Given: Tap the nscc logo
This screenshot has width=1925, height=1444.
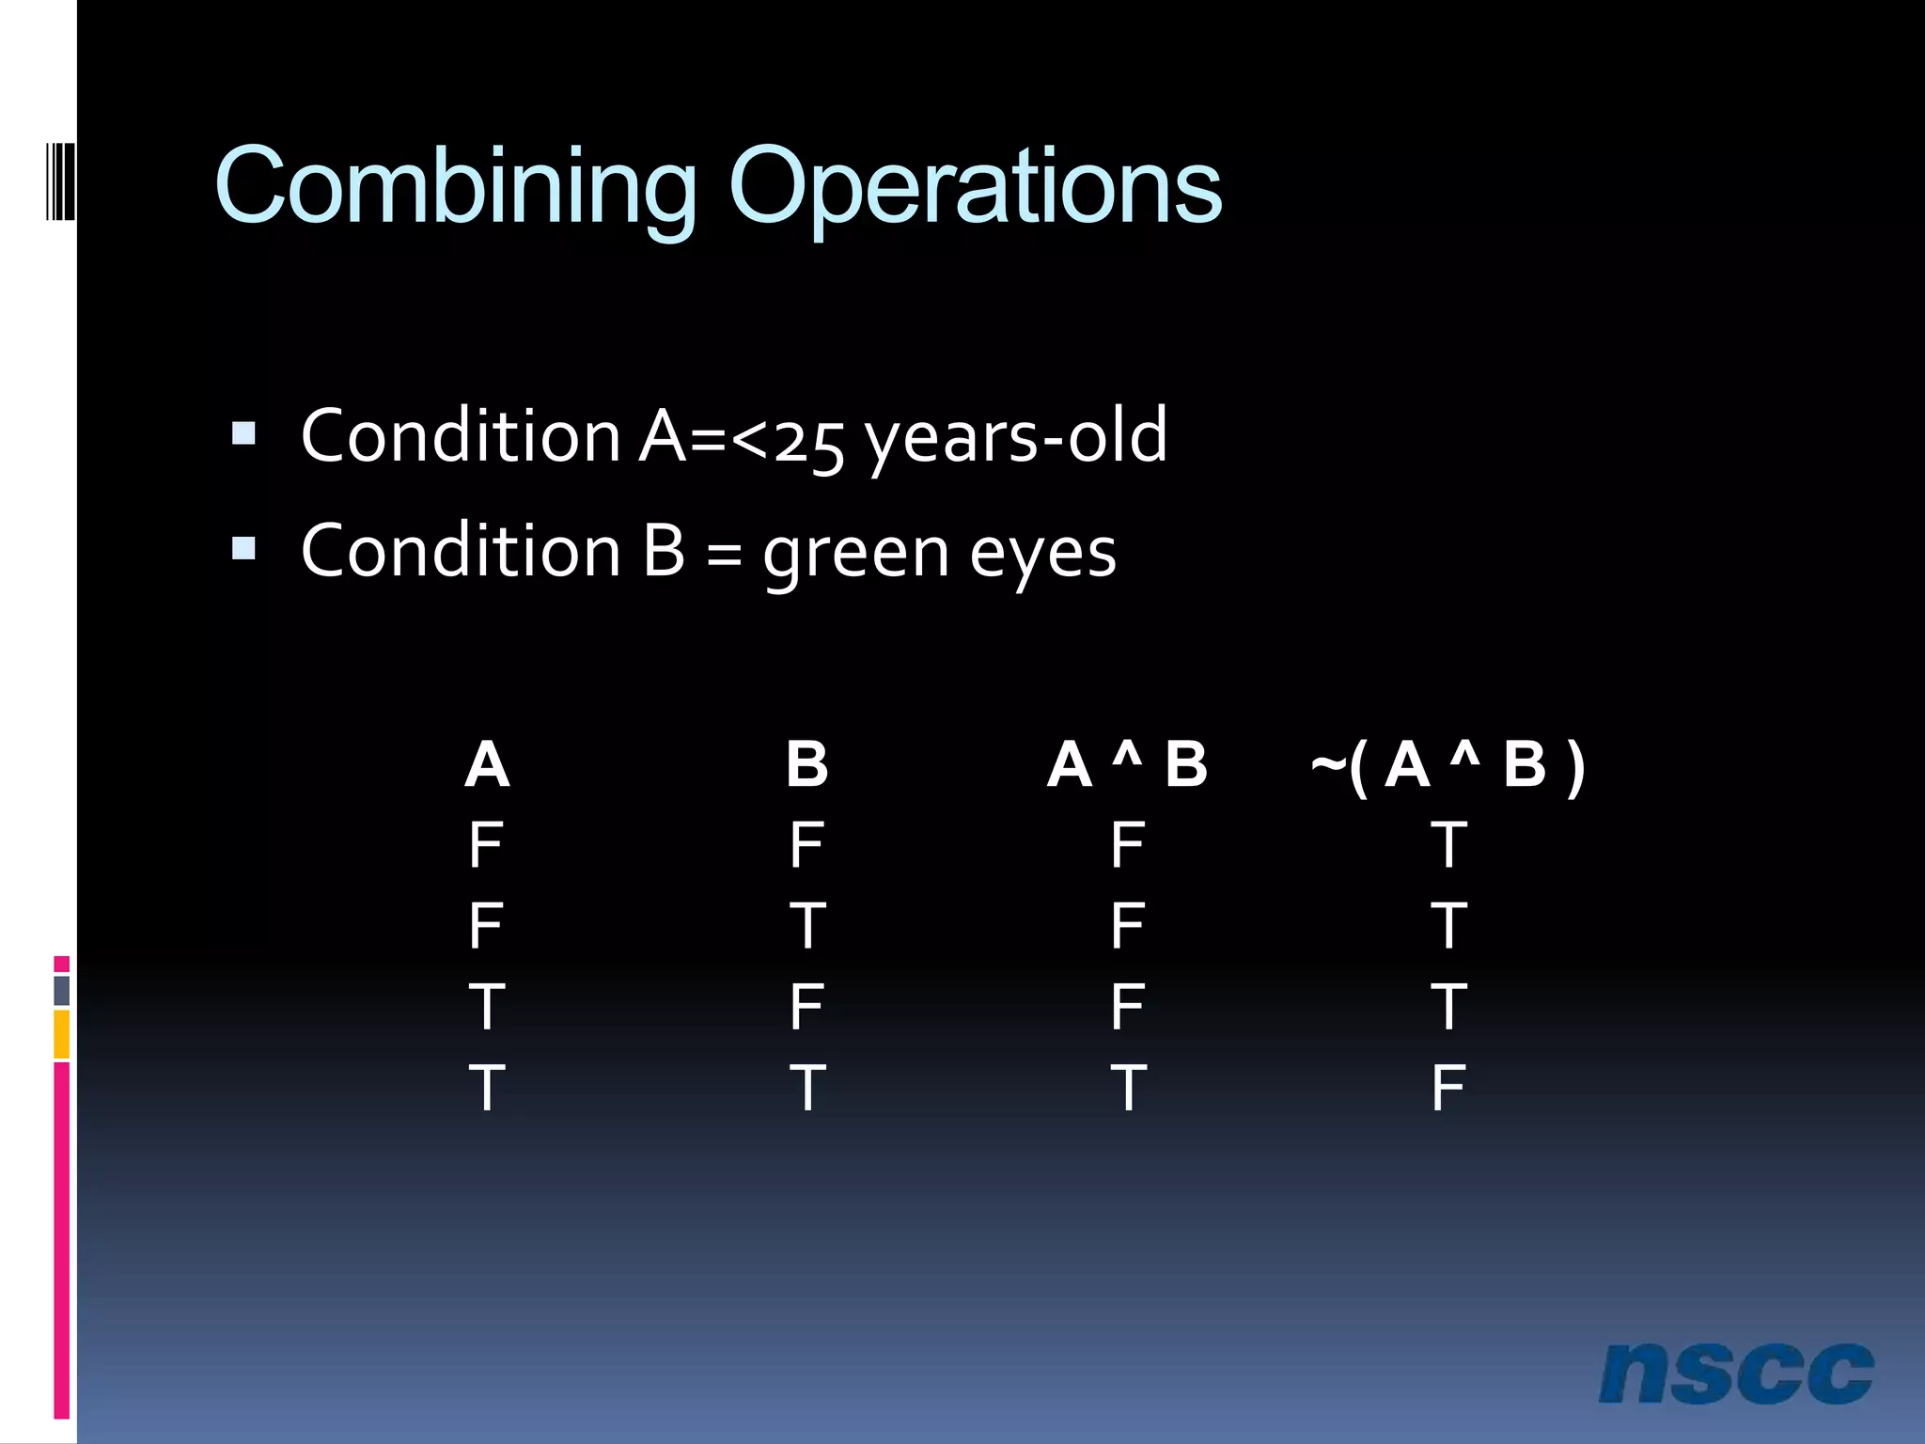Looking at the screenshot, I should click(1735, 1373).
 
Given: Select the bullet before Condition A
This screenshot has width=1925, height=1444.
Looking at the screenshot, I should click(243, 433).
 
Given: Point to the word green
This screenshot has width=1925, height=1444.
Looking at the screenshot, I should click(855, 553).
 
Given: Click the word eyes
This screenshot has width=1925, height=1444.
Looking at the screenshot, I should click(1042, 553).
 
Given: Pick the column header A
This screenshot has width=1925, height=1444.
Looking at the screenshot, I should click(487, 764).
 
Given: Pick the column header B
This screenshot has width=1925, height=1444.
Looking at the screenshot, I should click(806, 764).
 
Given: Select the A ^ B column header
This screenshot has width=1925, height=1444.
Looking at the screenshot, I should click(1127, 764).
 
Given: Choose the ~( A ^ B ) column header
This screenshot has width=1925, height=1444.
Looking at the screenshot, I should click(1448, 764).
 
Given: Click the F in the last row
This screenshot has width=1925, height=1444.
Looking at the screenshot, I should click(1448, 1088).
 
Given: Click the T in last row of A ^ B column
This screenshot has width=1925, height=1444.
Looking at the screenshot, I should click(1127, 1088).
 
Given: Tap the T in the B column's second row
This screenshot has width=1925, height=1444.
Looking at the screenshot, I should click(806, 926).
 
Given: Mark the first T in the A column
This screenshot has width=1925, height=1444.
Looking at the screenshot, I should click(487, 1007).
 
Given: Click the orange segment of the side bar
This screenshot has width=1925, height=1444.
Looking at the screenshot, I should click(61, 1034).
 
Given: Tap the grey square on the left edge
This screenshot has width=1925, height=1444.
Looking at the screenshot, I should click(61, 990).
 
